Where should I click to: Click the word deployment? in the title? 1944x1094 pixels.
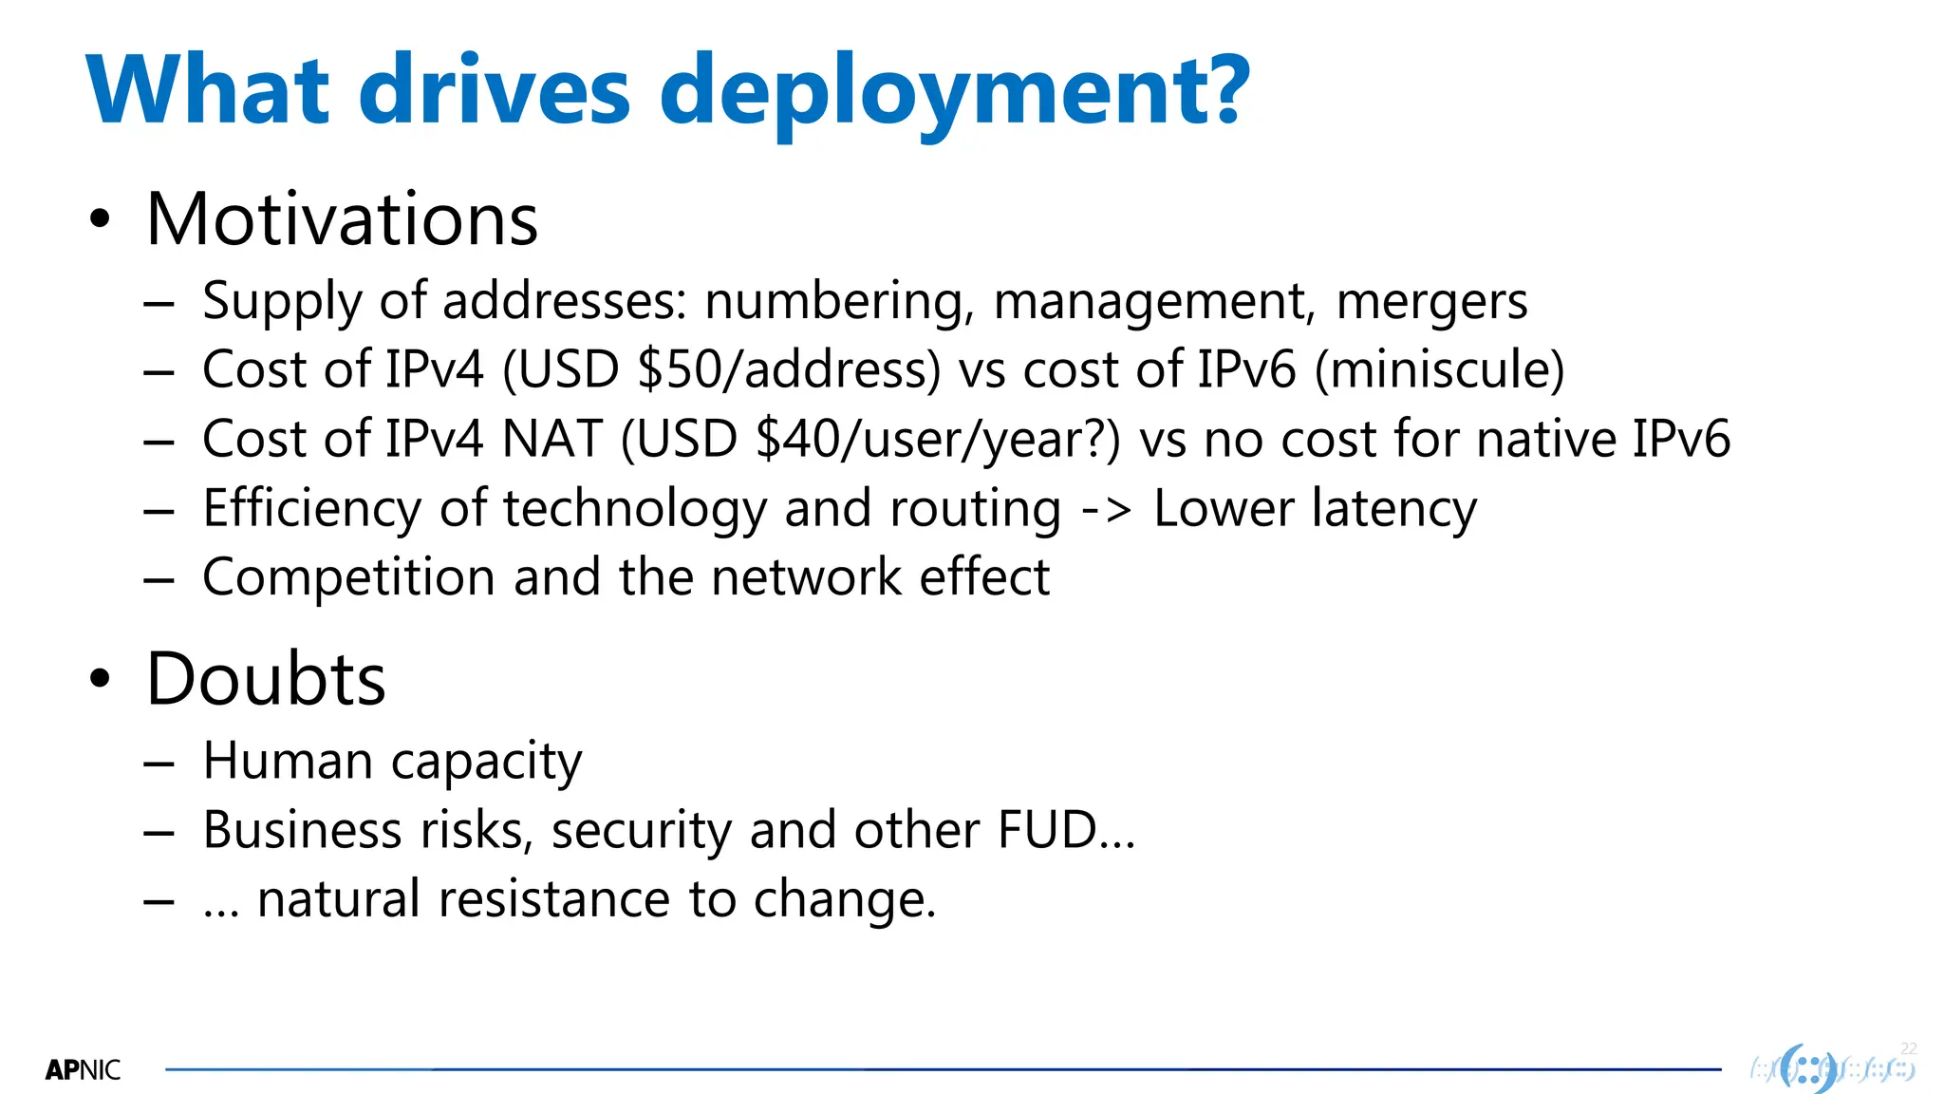tap(954, 93)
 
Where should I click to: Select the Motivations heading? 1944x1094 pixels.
tap(342, 219)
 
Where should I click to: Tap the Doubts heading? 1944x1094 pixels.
tap(266, 679)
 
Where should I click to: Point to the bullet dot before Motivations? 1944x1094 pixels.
tap(100, 220)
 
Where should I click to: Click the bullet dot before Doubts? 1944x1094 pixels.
tap(100, 680)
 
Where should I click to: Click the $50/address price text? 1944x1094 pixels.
tap(787, 369)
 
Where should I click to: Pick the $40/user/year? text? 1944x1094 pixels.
tap(936, 439)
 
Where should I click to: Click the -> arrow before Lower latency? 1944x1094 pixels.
tap(1107, 509)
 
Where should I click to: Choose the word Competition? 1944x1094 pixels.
tap(348, 577)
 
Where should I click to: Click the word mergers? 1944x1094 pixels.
tap(1431, 301)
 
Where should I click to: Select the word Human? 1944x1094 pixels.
tap(288, 761)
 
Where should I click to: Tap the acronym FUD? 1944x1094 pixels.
tap(1048, 830)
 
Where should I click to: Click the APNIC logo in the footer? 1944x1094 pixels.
tap(83, 1070)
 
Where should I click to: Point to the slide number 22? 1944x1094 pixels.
tap(1909, 1048)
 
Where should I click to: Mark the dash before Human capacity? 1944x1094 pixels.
tap(159, 763)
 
